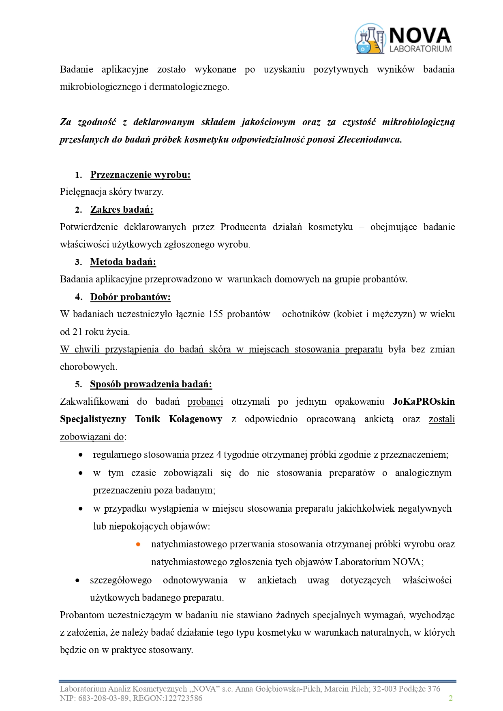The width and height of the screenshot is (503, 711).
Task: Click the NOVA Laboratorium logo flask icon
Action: [x=370, y=39]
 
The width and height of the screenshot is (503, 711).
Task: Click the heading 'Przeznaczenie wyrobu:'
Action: [x=140, y=175]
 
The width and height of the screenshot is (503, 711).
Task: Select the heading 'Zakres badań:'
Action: [x=122, y=209]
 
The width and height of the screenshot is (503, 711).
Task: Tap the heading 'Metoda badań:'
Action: [x=123, y=262]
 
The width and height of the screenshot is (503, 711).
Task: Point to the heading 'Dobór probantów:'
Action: [x=130, y=297]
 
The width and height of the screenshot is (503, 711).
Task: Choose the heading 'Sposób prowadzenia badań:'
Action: [x=151, y=384]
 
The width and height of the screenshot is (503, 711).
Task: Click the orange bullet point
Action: [x=138, y=544]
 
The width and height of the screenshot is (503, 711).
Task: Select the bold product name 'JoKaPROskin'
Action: [x=424, y=401]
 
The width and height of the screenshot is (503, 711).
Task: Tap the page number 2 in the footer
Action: [x=450, y=698]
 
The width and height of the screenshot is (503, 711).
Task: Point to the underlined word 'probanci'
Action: [x=205, y=401]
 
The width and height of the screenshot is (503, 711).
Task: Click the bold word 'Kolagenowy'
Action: [x=195, y=419]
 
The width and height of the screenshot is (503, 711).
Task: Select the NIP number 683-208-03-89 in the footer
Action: [x=101, y=698]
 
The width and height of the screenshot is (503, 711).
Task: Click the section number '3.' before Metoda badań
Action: [x=79, y=262]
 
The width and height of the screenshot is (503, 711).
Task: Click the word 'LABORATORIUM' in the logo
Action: [x=420, y=49]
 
